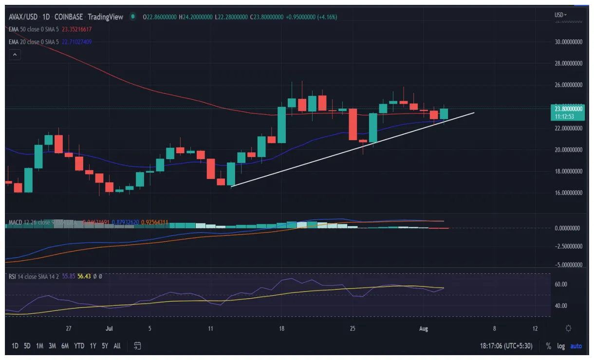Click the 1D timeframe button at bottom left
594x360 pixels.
[x=15, y=346]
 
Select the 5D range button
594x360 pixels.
[x=27, y=346]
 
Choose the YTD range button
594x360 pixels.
[x=79, y=346]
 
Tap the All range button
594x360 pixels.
[x=117, y=346]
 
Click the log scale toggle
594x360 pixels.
[x=561, y=346]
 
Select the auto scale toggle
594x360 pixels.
[x=576, y=346]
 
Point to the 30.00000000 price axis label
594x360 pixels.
[x=569, y=42]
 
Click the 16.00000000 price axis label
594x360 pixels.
[x=569, y=193]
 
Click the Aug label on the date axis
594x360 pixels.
[x=423, y=329]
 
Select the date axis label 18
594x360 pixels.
[x=281, y=329]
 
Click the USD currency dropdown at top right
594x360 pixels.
[x=561, y=15]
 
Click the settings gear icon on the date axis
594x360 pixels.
[x=568, y=328]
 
